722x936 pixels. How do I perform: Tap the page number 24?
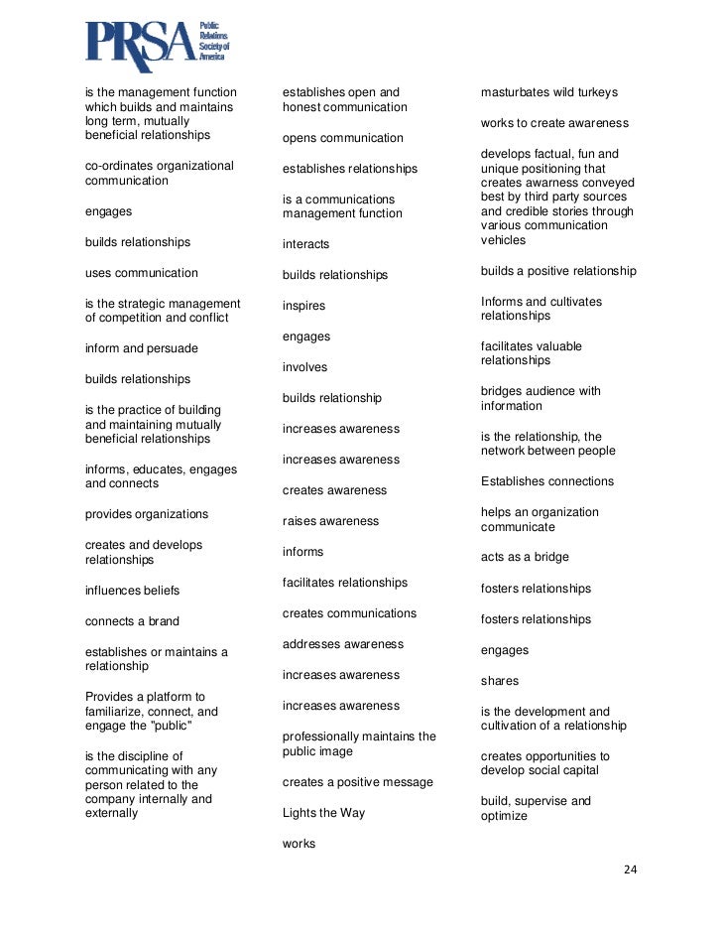tap(630, 869)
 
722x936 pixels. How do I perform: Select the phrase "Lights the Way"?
tap(323, 813)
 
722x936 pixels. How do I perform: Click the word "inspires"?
tap(303, 306)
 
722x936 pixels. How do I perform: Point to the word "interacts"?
tap(305, 244)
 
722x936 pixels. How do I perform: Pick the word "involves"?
tap(304, 367)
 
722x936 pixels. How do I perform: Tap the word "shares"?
tap(500, 682)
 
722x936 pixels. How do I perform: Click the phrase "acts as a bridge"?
tap(525, 558)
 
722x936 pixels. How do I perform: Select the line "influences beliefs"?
tap(132, 591)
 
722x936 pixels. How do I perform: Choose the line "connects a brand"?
tap(132, 621)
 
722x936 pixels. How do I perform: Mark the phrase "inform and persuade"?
tap(141, 348)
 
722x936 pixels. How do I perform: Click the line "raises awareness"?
tap(331, 521)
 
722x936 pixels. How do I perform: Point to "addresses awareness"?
tap(342, 644)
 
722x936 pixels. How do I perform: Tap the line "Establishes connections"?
tap(546, 481)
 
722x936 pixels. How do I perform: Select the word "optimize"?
tap(504, 816)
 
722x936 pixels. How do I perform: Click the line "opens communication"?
tap(342, 138)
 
